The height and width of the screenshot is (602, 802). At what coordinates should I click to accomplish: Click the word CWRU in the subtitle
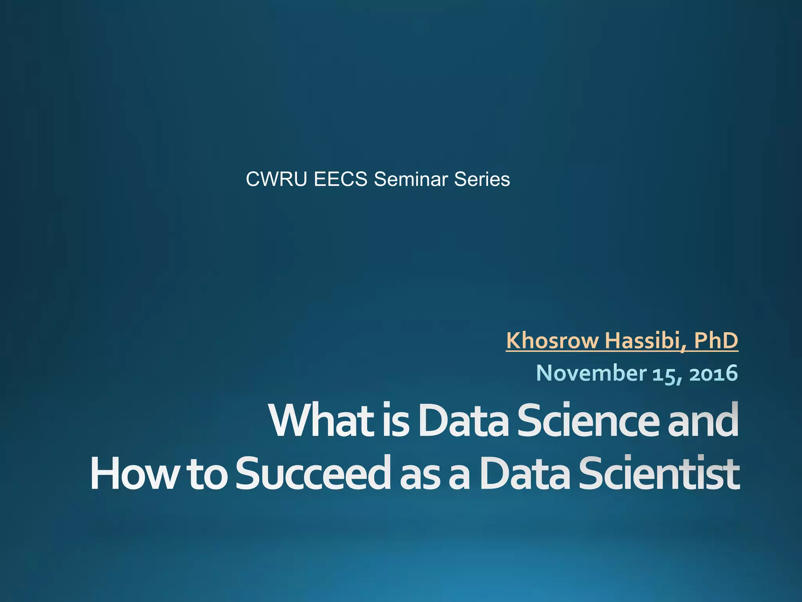pos(276,180)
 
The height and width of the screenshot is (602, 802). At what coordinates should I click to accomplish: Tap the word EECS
pos(340,180)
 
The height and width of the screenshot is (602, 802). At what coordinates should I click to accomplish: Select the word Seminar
pos(411,180)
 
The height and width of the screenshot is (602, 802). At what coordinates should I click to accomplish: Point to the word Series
pos(482,180)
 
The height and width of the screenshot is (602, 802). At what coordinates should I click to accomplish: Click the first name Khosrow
pos(553,340)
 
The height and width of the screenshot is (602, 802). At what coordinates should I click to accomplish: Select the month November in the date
pos(591,373)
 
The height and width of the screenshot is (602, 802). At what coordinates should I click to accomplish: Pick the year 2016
pos(713,374)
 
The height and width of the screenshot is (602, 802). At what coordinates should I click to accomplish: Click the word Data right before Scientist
pos(525,473)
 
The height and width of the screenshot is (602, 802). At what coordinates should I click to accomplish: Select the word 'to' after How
pos(207,474)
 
